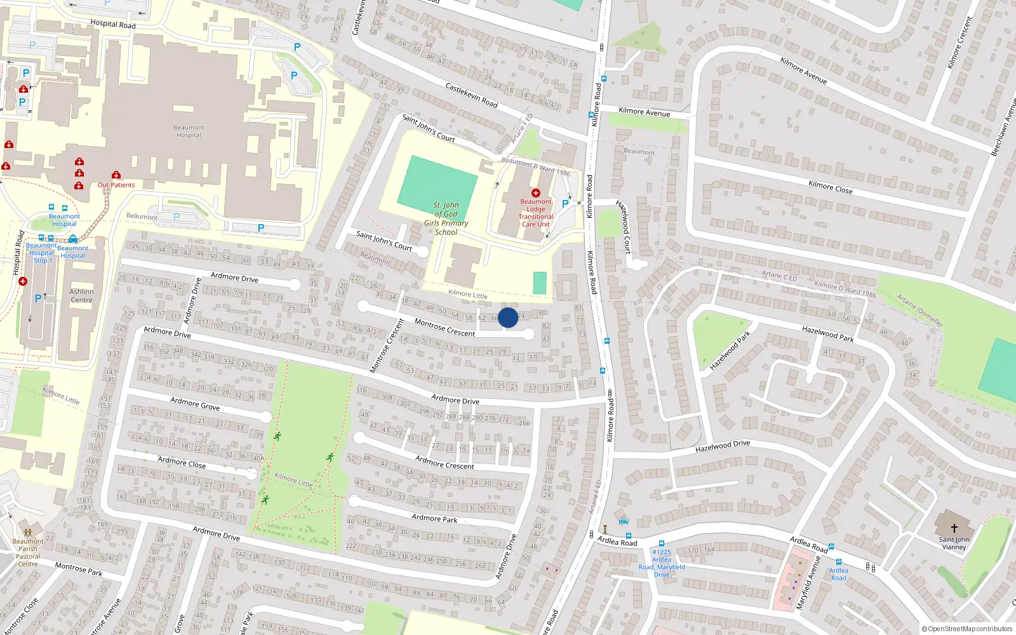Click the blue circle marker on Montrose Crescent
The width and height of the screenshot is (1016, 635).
click(x=508, y=317)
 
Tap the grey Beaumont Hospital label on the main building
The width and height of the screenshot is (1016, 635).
click(x=189, y=131)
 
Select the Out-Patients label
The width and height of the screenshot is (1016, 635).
click(x=116, y=185)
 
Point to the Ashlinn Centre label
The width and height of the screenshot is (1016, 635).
click(x=81, y=296)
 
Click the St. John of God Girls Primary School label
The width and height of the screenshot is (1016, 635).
click(x=446, y=218)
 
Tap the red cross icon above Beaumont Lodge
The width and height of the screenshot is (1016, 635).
click(x=535, y=193)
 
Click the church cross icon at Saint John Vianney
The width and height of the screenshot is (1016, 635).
click(x=954, y=528)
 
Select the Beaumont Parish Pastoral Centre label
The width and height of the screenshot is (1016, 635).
click(x=28, y=552)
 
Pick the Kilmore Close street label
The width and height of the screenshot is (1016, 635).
click(x=830, y=187)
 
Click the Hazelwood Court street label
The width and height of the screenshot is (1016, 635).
click(x=624, y=227)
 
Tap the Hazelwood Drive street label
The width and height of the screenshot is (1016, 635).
click(x=723, y=446)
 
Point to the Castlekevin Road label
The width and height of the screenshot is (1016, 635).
click(x=471, y=95)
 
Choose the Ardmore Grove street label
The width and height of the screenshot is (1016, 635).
click(x=195, y=404)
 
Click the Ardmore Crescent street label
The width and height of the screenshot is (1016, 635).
click(x=444, y=462)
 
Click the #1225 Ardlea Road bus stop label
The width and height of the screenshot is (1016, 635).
click(x=662, y=563)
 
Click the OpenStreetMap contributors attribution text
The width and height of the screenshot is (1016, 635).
click(x=967, y=629)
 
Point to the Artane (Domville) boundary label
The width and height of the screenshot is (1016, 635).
click(x=919, y=311)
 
